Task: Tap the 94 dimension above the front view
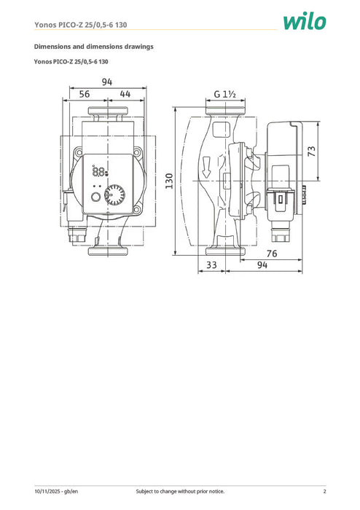coord(107,82)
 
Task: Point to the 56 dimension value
coord(85,95)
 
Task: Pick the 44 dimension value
coord(125,95)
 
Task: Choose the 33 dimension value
coord(211,265)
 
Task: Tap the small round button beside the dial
coord(95,197)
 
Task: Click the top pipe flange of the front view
coord(108,113)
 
